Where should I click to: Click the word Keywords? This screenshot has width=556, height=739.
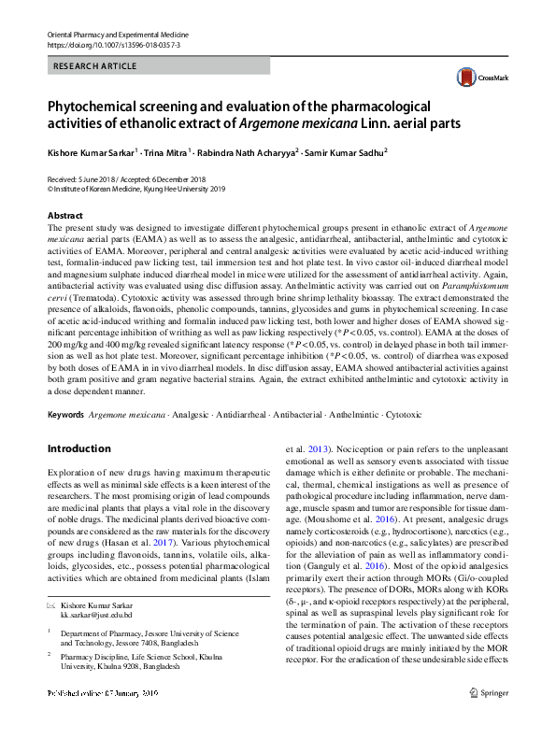click(x=67, y=412)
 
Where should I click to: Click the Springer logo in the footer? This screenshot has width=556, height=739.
click(x=488, y=718)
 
